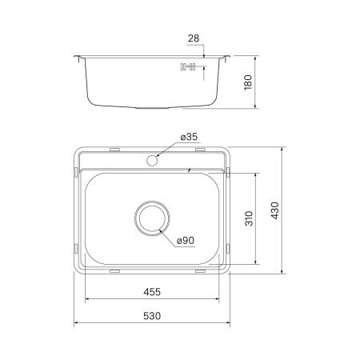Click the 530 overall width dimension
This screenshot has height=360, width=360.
tap(152, 316)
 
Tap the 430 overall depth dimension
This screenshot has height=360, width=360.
tap(274, 211)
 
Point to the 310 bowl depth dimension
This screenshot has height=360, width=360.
tap(248, 218)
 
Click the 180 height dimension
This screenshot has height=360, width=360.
tap(247, 82)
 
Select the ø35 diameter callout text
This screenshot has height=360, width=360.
tap(190, 138)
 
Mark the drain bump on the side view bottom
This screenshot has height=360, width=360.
tap(153, 106)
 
